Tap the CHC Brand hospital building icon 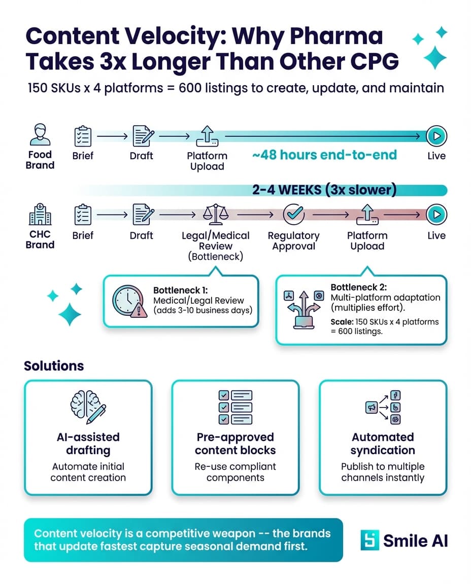40,215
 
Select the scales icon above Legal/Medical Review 215,215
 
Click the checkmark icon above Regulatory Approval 293,215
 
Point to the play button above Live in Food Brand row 436,136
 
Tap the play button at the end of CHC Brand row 436,215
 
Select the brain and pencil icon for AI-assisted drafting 88,406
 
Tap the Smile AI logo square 369,540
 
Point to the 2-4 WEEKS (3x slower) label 324,190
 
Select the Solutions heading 54,366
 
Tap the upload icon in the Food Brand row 208,136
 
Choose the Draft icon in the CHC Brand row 142,215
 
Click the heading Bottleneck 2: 357,287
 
